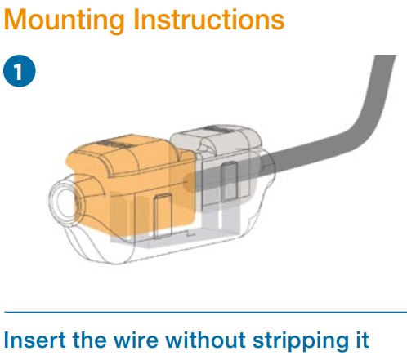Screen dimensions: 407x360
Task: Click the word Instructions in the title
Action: click(209, 19)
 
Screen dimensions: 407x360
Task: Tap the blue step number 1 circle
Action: click(20, 71)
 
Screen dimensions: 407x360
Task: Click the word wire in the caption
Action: click(136, 340)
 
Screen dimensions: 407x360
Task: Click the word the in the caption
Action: click(90, 340)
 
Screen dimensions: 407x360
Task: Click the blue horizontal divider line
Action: click(206, 313)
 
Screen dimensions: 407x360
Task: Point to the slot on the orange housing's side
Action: click(163, 216)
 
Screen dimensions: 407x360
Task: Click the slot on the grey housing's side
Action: click(229, 182)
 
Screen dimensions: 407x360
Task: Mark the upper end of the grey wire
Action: click(385, 56)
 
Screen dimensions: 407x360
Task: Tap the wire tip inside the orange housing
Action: click(188, 181)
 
